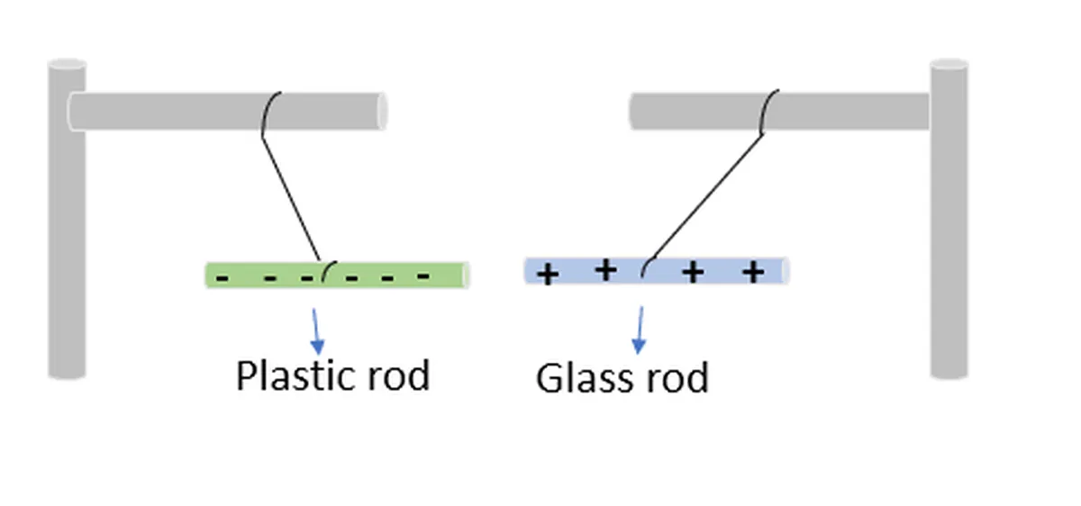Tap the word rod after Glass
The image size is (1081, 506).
(x=674, y=378)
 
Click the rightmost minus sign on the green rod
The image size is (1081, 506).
(x=423, y=276)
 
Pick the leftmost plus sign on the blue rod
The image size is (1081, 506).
(x=547, y=274)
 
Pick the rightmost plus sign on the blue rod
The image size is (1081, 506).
(x=753, y=271)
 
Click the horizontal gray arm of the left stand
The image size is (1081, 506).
(x=180, y=111)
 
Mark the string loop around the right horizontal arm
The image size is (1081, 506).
(x=768, y=111)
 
